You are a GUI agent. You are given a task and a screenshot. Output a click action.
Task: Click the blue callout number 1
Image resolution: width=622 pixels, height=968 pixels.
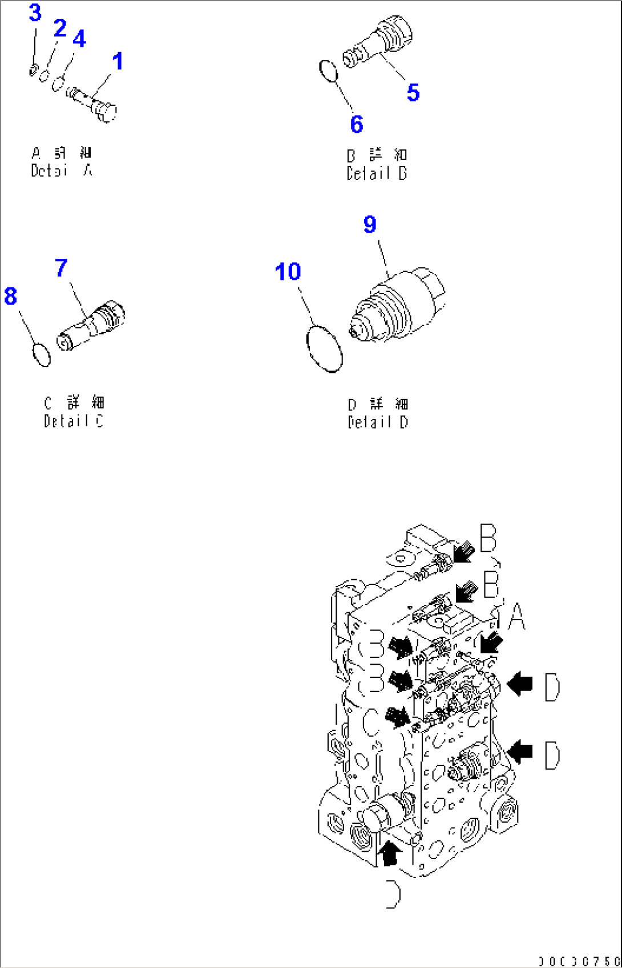[118, 62]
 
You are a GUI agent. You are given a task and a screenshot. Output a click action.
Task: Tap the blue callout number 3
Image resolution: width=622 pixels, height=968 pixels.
[35, 13]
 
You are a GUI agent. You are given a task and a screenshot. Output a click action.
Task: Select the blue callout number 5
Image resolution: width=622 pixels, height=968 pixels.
[413, 92]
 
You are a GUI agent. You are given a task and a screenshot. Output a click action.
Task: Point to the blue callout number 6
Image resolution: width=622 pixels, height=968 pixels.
[357, 124]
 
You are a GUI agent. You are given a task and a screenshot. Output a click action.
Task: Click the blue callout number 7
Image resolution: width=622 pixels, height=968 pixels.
[61, 267]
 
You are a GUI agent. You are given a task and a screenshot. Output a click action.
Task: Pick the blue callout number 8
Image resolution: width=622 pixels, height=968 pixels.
[10, 296]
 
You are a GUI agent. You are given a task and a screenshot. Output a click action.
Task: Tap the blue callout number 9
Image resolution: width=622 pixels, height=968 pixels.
[370, 224]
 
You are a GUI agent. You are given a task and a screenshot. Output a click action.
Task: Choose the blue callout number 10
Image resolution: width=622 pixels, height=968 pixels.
[288, 271]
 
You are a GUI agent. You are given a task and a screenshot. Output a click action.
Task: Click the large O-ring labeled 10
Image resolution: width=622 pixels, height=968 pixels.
[324, 348]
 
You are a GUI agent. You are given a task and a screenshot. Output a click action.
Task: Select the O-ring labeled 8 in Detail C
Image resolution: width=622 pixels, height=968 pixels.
[41, 355]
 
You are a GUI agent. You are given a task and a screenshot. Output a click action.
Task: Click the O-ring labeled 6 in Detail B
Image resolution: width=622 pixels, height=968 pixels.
[328, 71]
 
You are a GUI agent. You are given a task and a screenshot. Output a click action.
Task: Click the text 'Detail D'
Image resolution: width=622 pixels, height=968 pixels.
[378, 422]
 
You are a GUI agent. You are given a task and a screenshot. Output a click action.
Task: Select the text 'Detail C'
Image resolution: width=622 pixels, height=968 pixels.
[74, 421]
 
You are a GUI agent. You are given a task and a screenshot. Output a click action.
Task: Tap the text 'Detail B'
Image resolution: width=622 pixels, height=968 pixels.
[377, 173]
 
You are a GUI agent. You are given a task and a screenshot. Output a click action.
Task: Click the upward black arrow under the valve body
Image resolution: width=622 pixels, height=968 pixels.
[390, 853]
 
